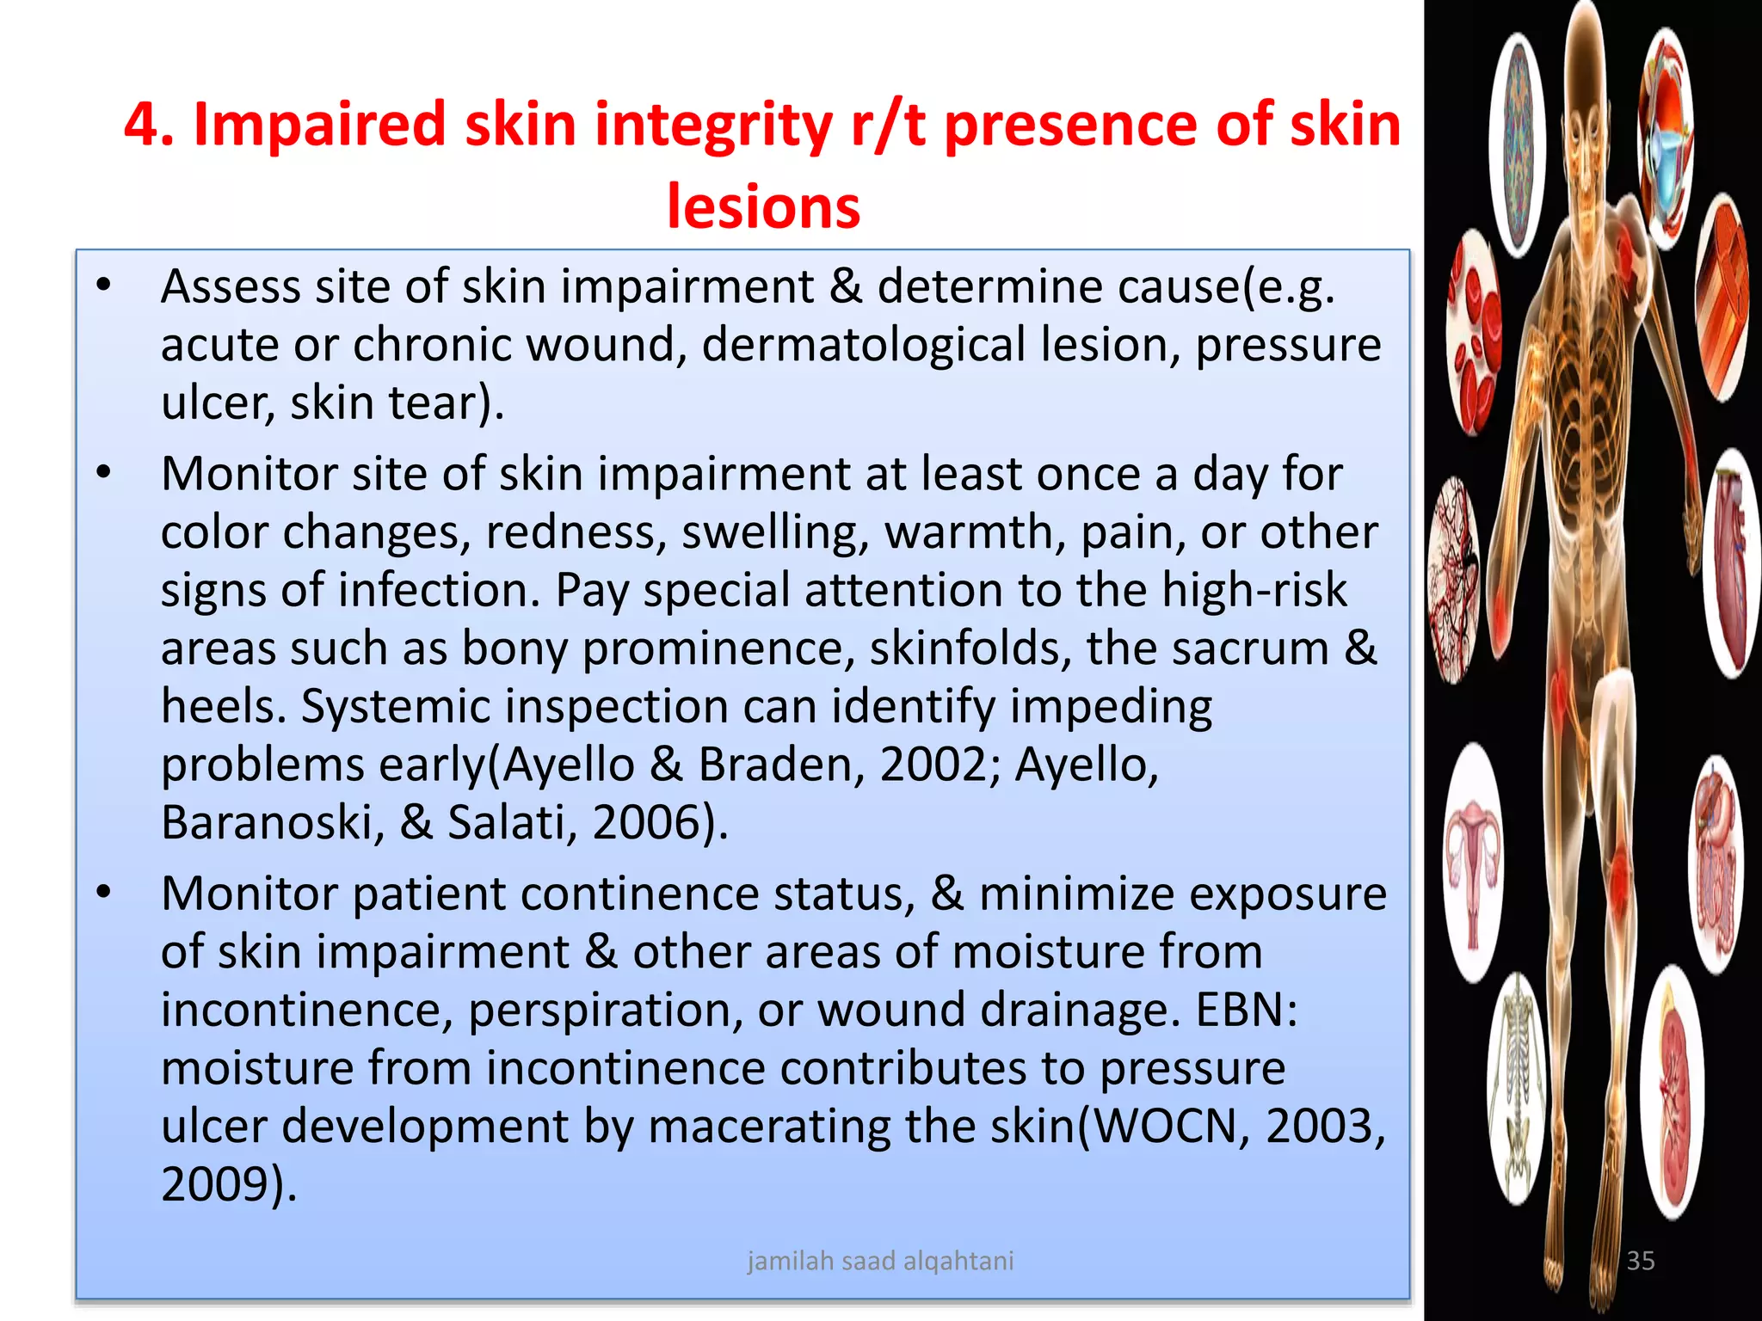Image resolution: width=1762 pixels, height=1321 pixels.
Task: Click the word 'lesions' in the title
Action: (x=763, y=206)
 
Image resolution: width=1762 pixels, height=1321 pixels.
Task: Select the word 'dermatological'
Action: (x=863, y=345)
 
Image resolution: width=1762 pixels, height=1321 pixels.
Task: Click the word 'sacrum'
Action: (x=1207, y=648)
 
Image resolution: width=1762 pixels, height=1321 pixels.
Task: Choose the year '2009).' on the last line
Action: (x=229, y=1185)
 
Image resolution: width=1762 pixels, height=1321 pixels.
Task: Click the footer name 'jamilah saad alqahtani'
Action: (x=880, y=1261)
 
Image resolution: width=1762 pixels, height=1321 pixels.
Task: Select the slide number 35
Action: (x=1640, y=1261)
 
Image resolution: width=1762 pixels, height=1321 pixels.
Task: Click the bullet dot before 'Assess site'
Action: (x=104, y=286)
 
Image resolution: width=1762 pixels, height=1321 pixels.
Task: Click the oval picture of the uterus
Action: (x=1474, y=860)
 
